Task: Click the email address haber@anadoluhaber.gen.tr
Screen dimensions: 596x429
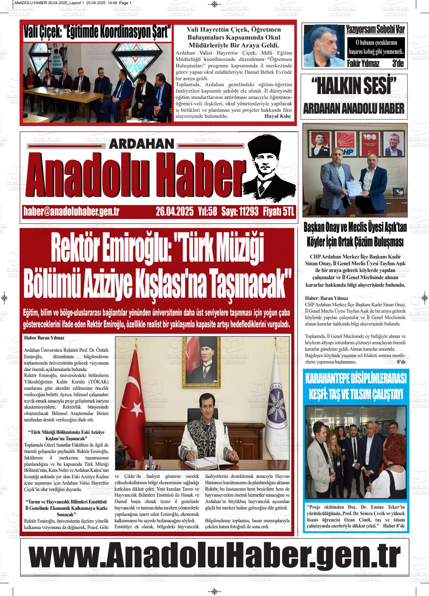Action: tap(71, 211)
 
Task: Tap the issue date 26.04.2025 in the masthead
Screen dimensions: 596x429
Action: tap(174, 211)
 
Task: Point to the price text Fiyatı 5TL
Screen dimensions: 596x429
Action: tap(278, 211)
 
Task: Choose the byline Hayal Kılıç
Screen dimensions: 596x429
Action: tap(278, 116)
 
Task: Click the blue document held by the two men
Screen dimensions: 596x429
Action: tap(353, 187)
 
